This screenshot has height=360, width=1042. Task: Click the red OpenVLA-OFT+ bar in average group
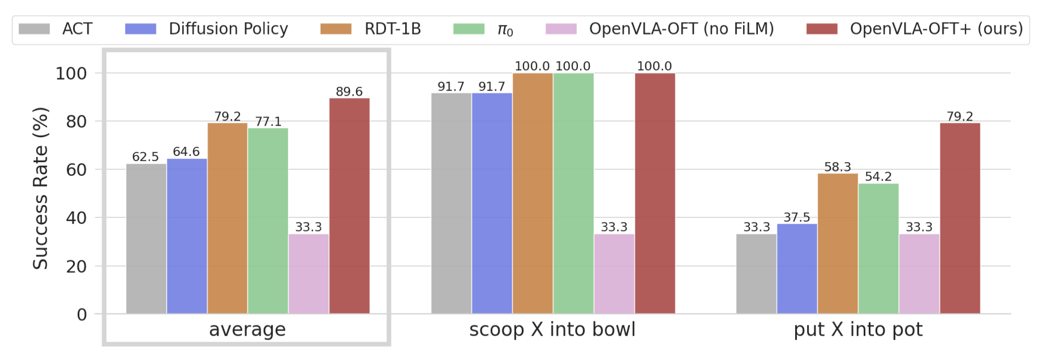tap(349, 206)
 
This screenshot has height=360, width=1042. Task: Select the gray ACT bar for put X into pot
tap(756, 274)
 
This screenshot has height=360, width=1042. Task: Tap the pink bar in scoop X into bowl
tap(614, 274)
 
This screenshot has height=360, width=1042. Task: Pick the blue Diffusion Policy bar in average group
tap(187, 236)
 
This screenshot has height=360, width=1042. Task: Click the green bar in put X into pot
tap(879, 249)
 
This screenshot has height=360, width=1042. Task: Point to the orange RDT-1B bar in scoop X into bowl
tap(533, 193)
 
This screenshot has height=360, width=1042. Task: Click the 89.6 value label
tap(349, 91)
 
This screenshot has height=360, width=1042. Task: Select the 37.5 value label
tap(797, 217)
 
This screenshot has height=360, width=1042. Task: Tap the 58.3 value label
tap(837, 167)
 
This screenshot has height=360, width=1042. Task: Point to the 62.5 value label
tap(145, 157)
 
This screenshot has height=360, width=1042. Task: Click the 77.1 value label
tap(268, 121)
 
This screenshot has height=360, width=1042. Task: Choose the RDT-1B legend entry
tap(370, 29)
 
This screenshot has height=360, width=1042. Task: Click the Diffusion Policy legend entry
tap(206, 29)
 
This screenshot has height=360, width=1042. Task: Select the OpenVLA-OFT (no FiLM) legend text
tap(681, 29)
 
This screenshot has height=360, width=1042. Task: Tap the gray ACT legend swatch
tap(34, 29)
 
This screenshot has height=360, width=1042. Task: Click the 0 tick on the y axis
tap(82, 314)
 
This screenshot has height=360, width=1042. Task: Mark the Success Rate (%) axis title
tap(40, 188)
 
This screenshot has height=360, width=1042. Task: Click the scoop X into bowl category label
tap(552, 330)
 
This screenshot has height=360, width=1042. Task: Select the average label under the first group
tap(247, 330)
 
